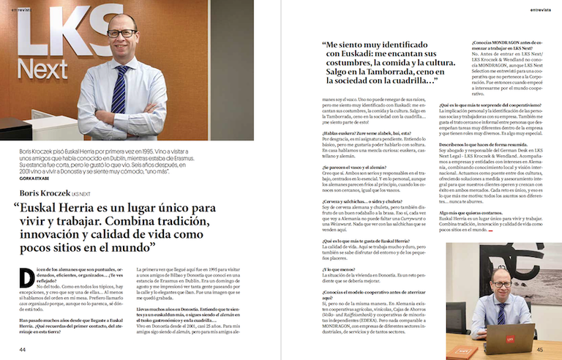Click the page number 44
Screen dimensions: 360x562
click(x=23, y=350)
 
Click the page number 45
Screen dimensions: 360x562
click(x=539, y=350)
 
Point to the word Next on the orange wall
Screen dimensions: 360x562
click(x=43, y=70)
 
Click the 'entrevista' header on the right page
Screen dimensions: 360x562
click(x=544, y=10)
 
